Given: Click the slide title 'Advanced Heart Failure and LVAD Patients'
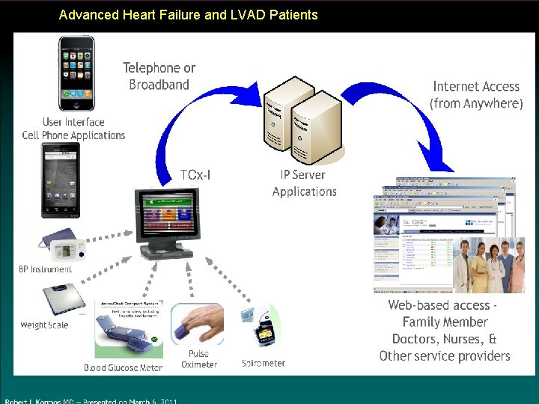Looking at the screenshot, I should (x=188, y=15).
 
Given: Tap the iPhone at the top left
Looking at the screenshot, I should (x=76, y=73).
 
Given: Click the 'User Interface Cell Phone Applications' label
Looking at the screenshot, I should (x=73, y=129).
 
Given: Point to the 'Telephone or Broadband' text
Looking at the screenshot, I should (x=159, y=76).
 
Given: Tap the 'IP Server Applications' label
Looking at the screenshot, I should (x=304, y=183).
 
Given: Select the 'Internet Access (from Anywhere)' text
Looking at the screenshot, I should (x=476, y=95).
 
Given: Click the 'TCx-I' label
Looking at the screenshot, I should (x=195, y=175).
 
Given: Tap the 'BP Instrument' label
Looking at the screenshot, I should (x=46, y=269).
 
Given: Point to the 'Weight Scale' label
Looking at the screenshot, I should (x=44, y=325).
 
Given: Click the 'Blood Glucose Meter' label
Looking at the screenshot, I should (x=123, y=367).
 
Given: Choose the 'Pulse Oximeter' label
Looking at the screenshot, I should (x=199, y=359).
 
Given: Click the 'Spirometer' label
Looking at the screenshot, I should (x=264, y=363).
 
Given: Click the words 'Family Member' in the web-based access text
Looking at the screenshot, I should (x=445, y=322).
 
